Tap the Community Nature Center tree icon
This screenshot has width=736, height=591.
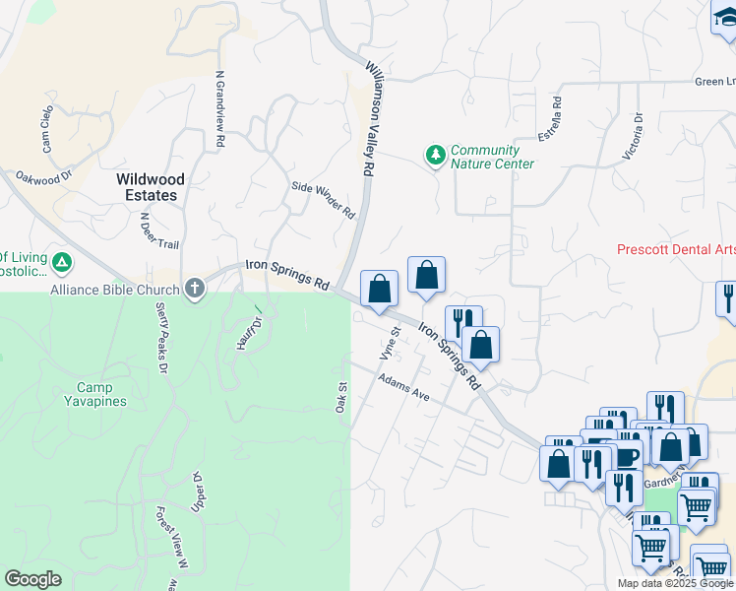pyautogui.click(x=435, y=155)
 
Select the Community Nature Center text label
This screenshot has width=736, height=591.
pyautogui.click(x=492, y=158)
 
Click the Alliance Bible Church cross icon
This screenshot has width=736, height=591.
pyautogui.click(x=195, y=289)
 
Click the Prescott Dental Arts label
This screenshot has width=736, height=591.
pyautogui.click(x=676, y=249)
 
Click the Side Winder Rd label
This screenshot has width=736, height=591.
pyautogui.click(x=323, y=199)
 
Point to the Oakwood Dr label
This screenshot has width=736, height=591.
pyautogui.click(x=45, y=177)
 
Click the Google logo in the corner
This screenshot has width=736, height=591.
pyautogui.click(x=33, y=579)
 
